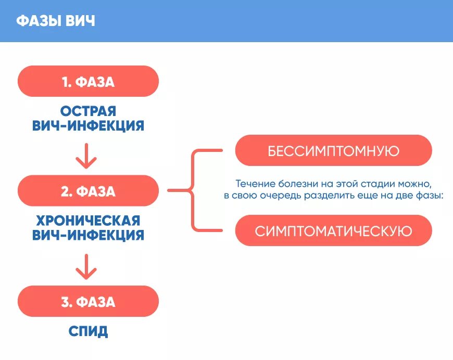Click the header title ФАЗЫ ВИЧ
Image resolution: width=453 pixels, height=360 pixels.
tap(55, 21)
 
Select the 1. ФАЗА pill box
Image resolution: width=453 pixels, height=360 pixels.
tap(88, 81)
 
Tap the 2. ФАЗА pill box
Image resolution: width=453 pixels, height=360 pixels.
tap(88, 191)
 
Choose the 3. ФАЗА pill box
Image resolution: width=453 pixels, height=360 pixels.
tap(88, 301)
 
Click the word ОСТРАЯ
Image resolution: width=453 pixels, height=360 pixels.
tap(88, 111)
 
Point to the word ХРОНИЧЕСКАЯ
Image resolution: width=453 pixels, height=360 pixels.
tap(88, 220)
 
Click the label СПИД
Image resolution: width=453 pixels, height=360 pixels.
tap(88, 331)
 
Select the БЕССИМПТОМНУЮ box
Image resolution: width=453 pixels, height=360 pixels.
tap(333, 151)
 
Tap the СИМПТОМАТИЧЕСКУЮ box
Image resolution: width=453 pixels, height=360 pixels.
tap(333, 230)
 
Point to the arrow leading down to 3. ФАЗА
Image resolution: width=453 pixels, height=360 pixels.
tap(86, 267)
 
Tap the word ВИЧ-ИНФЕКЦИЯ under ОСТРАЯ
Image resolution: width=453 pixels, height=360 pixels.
tap(88, 125)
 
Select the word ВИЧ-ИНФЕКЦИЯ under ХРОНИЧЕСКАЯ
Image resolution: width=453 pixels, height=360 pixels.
tap(88, 235)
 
